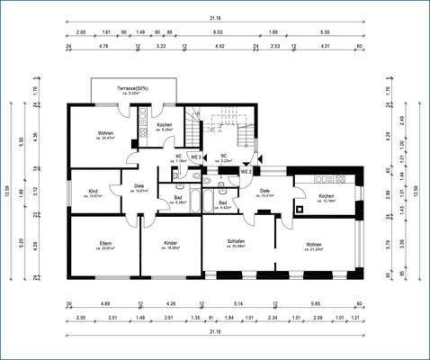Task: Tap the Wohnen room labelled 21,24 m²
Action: pos(314,247)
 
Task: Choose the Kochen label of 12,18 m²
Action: pos(327,198)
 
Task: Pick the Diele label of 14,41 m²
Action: pos(139,189)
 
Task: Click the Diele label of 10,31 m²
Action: pos(265,193)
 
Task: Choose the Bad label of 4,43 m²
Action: pos(222,204)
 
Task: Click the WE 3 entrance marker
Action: pos(195,157)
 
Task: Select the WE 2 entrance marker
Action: pos(246,171)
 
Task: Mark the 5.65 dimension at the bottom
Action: pos(316,305)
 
